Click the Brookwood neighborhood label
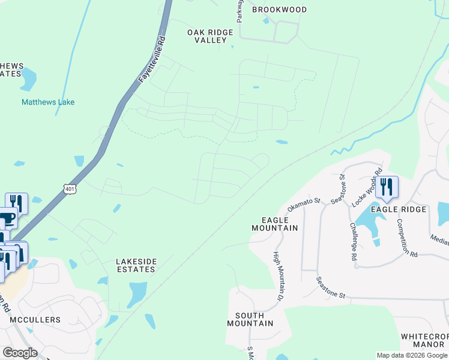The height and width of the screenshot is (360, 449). (279, 10)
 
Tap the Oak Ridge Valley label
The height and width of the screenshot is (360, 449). (209, 36)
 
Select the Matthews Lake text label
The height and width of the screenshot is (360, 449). (48, 102)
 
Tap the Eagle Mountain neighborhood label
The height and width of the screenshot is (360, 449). (274, 224)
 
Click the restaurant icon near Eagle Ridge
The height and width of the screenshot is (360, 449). (387, 187)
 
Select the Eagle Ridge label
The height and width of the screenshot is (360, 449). (399, 209)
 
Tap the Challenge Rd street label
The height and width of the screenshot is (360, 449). (353, 241)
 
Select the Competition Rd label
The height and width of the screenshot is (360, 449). (406, 238)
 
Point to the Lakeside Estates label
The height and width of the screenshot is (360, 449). (136, 265)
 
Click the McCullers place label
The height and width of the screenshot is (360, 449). (34, 320)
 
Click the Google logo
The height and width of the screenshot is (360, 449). (20, 353)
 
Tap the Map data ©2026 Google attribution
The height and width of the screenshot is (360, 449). (411, 355)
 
